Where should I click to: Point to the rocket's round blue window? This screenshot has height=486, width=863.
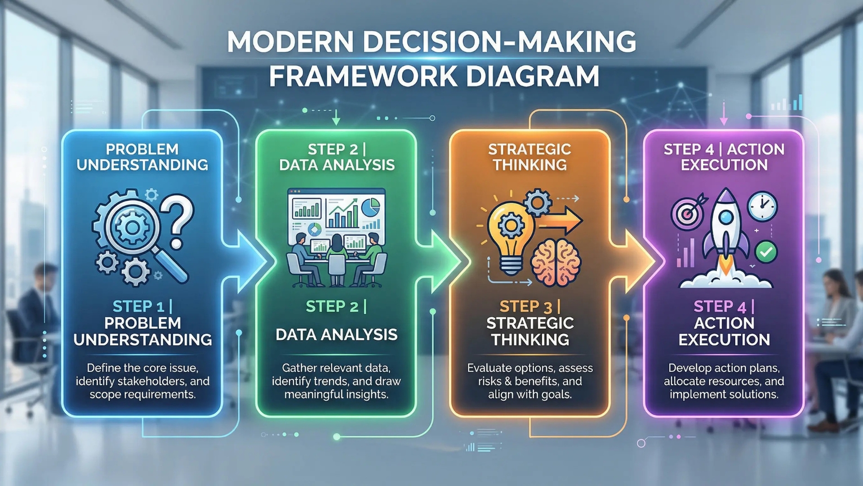(726, 218)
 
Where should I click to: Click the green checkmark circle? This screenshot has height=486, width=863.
(766, 252)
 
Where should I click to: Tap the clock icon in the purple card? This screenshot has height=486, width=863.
(762, 206)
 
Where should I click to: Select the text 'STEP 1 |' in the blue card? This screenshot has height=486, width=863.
(142, 306)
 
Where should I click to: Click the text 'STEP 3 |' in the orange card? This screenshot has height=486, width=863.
(530, 306)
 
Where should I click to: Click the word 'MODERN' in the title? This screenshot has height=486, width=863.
(290, 42)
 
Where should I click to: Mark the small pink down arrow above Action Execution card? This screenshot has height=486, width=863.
(724, 114)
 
